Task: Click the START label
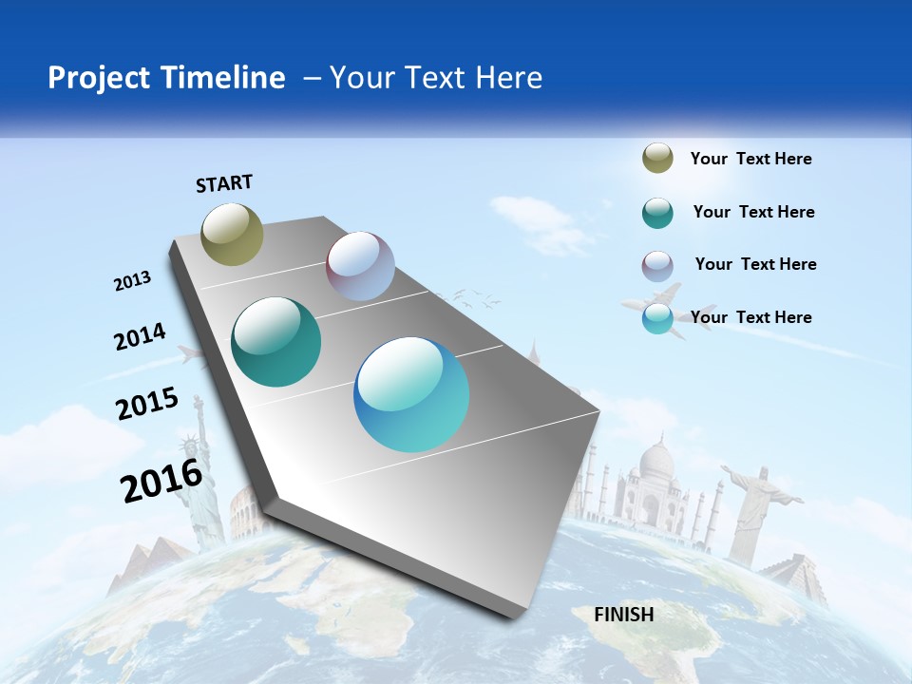[x=224, y=183]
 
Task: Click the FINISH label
[x=624, y=615]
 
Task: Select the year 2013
[x=133, y=281]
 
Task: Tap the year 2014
[x=140, y=336]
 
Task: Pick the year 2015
[x=147, y=404]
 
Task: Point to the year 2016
[x=161, y=481]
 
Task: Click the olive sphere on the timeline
[x=232, y=234]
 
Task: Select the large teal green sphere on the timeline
[x=276, y=342]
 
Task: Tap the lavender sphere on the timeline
[x=360, y=266]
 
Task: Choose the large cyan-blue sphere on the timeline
[x=411, y=394]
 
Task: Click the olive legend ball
[x=657, y=159]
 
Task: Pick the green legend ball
[x=657, y=213]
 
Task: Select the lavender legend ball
[x=657, y=266]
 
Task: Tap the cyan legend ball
[x=657, y=319]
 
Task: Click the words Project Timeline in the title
[x=166, y=78]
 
